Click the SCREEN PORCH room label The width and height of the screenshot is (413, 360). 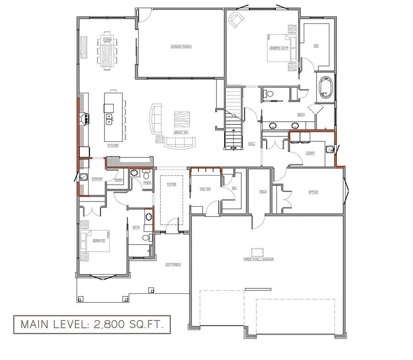pyautogui.click(x=181, y=47)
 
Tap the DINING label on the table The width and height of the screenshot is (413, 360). pyautogui.click(x=107, y=40)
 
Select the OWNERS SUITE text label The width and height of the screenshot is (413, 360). pyautogui.click(x=279, y=48)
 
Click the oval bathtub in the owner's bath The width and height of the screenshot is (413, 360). pyautogui.click(x=326, y=88)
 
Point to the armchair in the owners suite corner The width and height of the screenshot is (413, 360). pyautogui.click(x=236, y=20)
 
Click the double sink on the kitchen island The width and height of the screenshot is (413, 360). pyautogui.click(x=110, y=119)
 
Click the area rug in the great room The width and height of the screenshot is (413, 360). pyautogui.click(x=182, y=119)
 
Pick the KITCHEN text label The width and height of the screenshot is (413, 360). pyautogui.click(x=113, y=146)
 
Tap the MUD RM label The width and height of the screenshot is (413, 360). pyautogui.click(x=205, y=189)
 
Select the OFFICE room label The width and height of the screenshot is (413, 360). pyautogui.click(x=313, y=192)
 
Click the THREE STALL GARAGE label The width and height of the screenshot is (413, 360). pyautogui.click(x=258, y=259)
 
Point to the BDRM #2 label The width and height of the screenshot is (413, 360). pyautogui.click(x=99, y=240)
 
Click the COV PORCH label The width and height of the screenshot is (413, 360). pyautogui.click(x=173, y=264)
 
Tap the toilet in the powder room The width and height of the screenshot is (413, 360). pyautogui.click(x=146, y=175)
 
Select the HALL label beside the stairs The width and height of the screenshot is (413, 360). pyautogui.click(x=251, y=144)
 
